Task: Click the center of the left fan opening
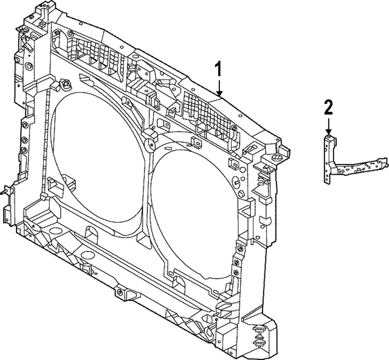click(97, 161)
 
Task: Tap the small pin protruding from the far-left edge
click(5, 190)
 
